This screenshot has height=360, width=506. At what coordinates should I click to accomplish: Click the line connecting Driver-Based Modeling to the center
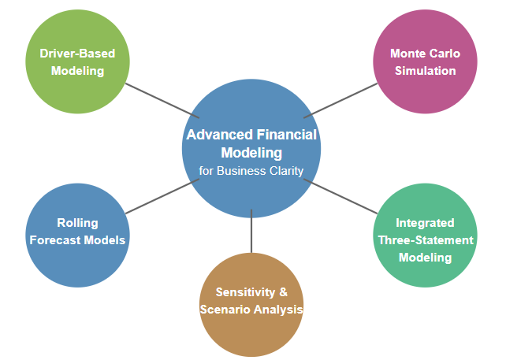coord(162,98)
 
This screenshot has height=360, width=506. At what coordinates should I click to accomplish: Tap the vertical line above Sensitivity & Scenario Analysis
coord(251,232)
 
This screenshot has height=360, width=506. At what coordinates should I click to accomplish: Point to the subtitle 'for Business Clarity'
coord(251,170)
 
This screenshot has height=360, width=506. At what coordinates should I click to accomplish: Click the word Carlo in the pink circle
coord(444,54)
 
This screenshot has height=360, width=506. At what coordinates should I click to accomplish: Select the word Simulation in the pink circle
coord(425,71)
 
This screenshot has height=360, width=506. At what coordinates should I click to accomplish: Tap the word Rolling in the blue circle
coord(77,223)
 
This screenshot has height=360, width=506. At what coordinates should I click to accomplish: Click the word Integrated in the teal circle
coord(425,223)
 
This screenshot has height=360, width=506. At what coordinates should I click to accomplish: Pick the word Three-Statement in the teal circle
coord(425,240)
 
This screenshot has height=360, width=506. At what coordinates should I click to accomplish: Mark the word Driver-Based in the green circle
coord(77,54)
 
